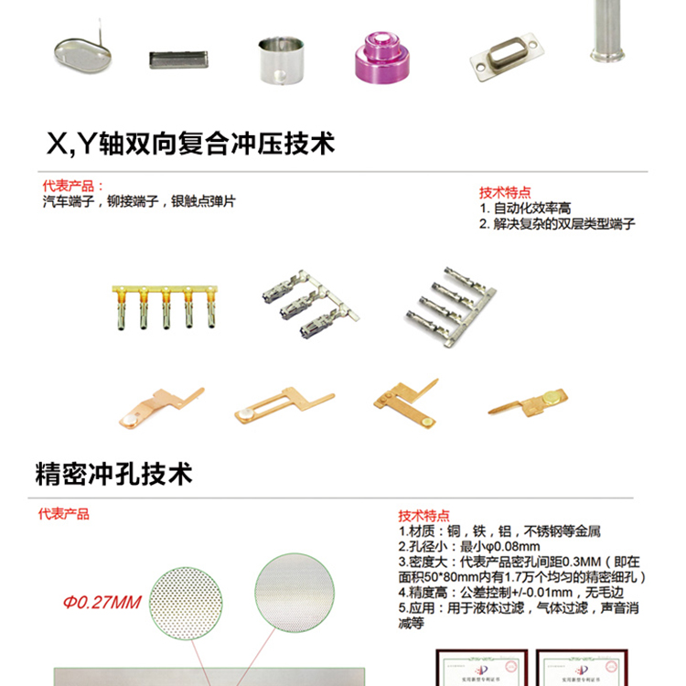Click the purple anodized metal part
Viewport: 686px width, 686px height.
coord(379,57)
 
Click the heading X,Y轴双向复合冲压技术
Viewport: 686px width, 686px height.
coord(190,144)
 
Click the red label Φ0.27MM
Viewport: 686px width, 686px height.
coord(102,602)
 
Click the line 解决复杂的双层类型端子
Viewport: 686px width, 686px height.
coord(557,224)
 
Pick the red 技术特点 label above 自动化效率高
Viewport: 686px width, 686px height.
coord(505,193)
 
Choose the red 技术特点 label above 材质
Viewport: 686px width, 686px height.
coord(424,516)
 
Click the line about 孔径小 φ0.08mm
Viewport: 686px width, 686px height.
coord(456,546)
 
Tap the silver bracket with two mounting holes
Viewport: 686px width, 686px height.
coord(502,56)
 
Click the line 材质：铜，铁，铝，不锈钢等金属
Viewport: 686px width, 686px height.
coord(499,531)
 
